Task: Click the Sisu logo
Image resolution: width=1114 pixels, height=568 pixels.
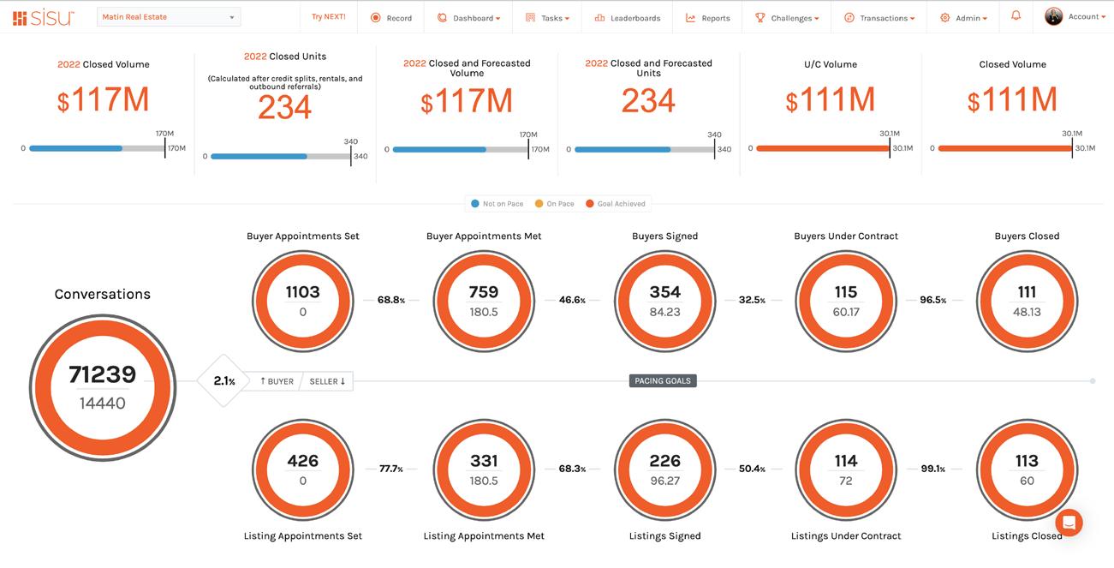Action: pyautogui.click(x=44, y=17)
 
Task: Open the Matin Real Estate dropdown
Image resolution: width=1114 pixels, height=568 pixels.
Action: pyautogui.click(x=168, y=17)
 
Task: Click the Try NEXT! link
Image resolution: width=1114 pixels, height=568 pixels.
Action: pyautogui.click(x=329, y=17)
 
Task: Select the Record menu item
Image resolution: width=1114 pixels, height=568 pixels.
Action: pyautogui.click(x=391, y=18)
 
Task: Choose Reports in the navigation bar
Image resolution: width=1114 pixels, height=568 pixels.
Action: pyautogui.click(x=708, y=18)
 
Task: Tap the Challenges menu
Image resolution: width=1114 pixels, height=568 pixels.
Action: pyautogui.click(x=787, y=18)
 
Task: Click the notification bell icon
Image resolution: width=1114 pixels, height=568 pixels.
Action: pyautogui.click(x=1016, y=16)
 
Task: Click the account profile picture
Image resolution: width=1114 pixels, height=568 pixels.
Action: pyautogui.click(x=1053, y=16)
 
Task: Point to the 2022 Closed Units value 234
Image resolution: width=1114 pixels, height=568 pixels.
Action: pyautogui.click(x=285, y=108)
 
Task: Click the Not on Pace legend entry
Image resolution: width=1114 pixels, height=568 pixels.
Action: pyautogui.click(x=497, y=204)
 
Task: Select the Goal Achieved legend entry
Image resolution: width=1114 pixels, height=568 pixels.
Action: pyautogui.click(x=615, y=204)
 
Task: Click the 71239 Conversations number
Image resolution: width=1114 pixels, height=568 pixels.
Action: pyautogui.click(x=103, y=374)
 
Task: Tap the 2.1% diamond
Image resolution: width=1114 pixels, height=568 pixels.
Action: pyautogui.click(x=224, y=381)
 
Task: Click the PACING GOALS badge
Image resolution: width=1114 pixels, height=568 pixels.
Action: pyautogui.click(x=662, y=380)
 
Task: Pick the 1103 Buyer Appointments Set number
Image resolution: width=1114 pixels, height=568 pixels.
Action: pyautogui.click(x=302, y=292)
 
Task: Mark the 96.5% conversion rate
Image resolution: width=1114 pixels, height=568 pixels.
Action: pyautogui.click(x=932, y=301)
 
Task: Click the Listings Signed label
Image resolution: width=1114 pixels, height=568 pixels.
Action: pyautogui.click(x=664, y=536)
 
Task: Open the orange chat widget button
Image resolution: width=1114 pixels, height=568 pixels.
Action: pyautogui.click(x=1069, y=522)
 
